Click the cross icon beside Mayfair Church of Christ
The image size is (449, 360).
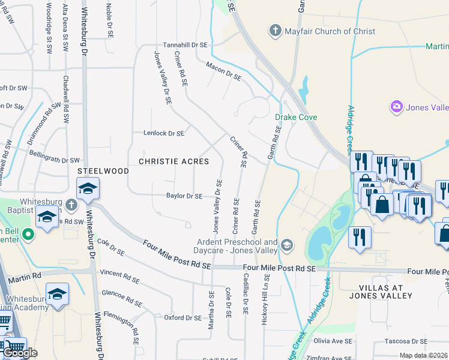(276, 31)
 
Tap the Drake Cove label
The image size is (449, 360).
(296, 117)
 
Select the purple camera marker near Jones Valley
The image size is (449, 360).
(396, 107)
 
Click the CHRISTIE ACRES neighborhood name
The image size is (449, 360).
(174, 161)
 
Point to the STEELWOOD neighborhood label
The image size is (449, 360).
(103, 171)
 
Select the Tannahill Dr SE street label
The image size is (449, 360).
(185, 45)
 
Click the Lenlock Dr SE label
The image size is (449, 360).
(163, 133)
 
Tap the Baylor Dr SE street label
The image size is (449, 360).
(184, 196)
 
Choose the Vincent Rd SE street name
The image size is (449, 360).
(119, 277)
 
